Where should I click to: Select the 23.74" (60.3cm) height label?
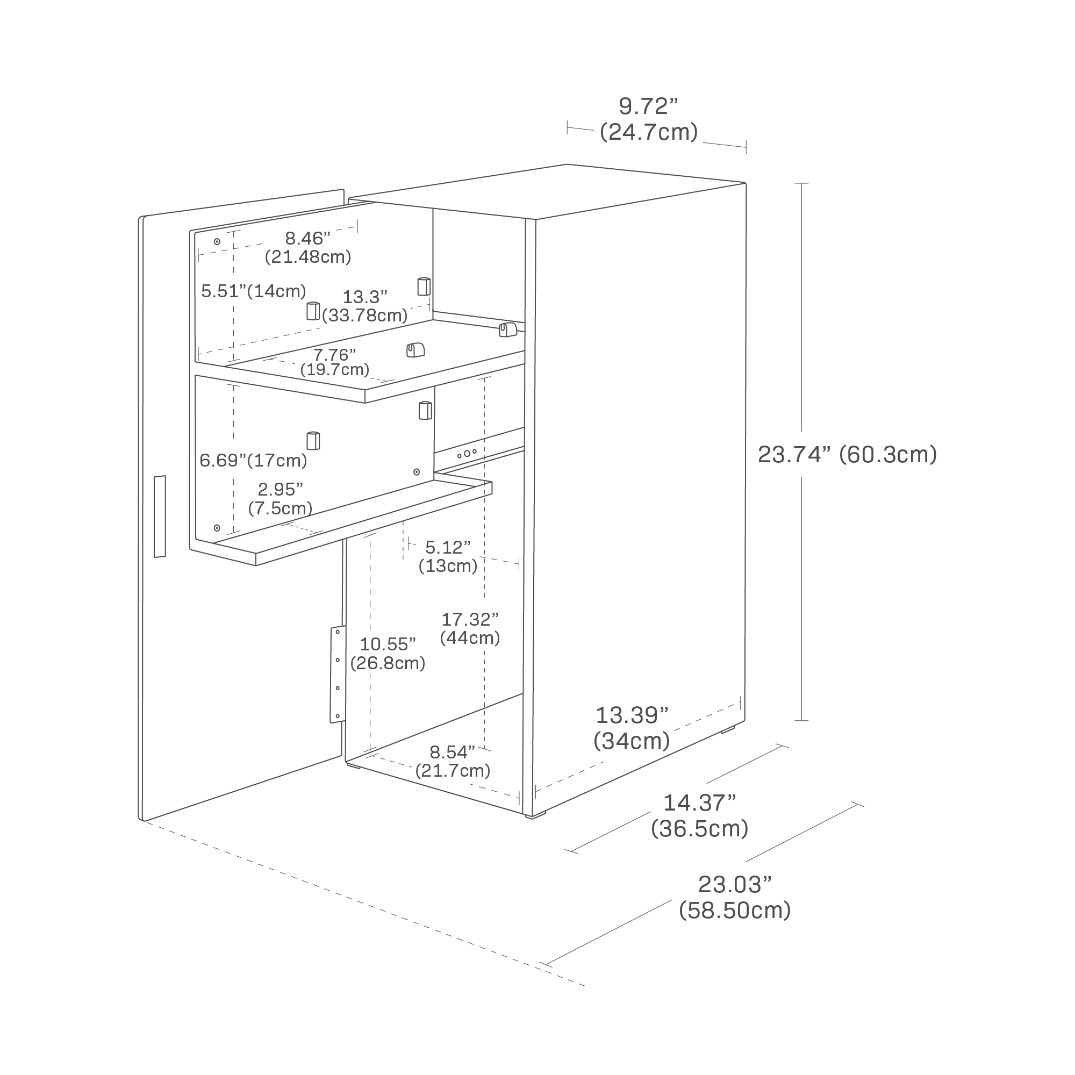(847, 455)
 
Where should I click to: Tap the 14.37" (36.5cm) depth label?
(699, 816)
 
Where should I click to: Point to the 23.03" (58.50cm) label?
(734, 897)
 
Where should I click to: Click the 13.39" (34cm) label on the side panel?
(632, 728)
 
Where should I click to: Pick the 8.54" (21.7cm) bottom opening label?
(453, 761)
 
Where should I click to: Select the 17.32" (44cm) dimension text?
(470, 628)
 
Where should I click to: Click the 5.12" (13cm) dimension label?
(447, 556)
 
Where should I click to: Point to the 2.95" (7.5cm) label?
(280, 499)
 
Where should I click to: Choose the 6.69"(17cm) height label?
(253, 460)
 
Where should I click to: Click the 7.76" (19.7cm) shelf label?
(334, 362)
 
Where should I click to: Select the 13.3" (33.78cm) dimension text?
(364, 305)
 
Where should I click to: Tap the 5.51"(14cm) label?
(253, 291)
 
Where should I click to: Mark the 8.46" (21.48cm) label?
(307, 247)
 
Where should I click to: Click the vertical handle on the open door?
(160, 516)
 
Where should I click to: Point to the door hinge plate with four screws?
(337, 675)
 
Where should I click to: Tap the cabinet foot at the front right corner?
(537, 816)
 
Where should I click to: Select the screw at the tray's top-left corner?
(217, 241)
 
